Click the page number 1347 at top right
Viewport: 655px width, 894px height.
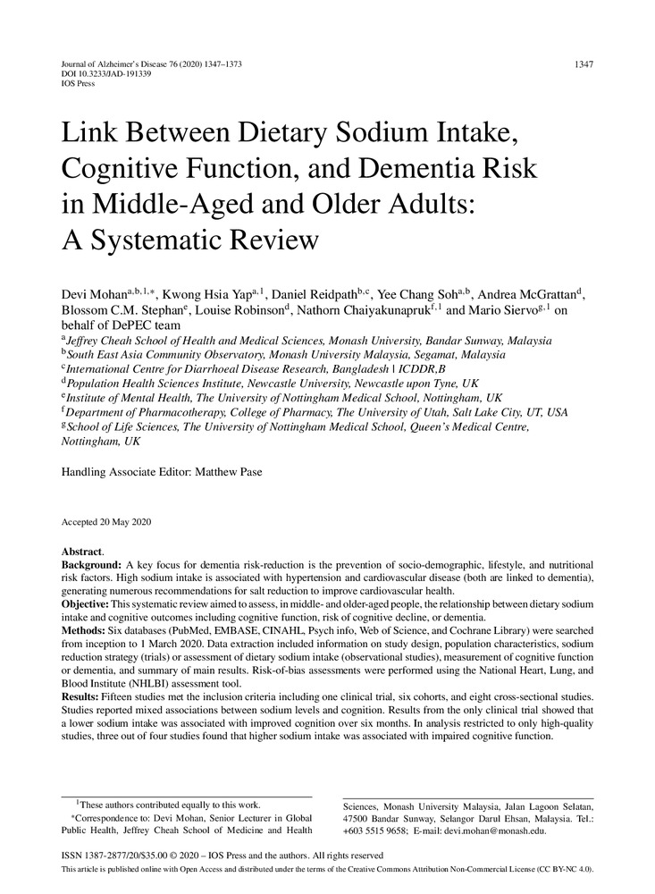pos(582,65)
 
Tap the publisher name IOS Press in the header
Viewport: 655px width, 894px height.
pos(78,84)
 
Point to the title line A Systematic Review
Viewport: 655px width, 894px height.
pos(189,239)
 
